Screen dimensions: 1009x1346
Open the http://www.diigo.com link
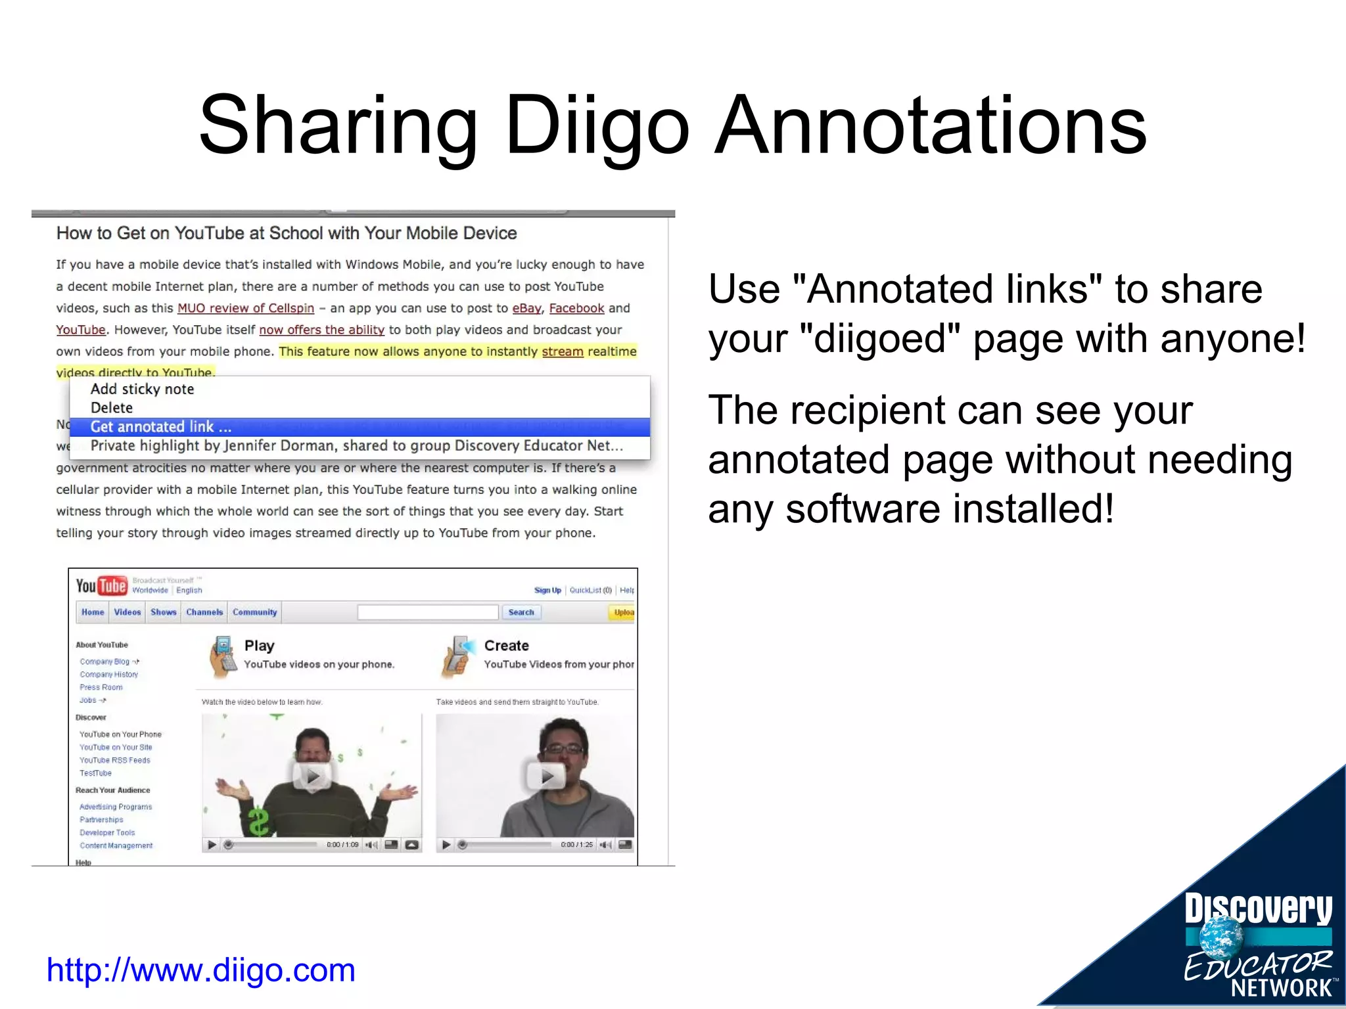[200, 970]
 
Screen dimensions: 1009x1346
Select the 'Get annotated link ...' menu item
[161, 427]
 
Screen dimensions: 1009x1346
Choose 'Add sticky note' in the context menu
[142, 389]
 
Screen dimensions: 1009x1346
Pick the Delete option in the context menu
[112, 408]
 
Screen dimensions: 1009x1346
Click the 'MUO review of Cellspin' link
[246, 308]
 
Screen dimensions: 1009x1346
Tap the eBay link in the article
[526, 308]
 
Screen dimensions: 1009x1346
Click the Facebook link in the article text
[576, 308]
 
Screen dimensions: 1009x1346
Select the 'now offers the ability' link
[321, 330]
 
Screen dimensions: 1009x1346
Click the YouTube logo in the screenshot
[101, 585]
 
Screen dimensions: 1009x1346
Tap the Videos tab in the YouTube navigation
[128, 612]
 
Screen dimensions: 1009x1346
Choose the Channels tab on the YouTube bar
[204, 612]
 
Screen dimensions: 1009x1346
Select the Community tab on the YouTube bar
[254, 612]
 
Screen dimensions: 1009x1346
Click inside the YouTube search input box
[428, 612]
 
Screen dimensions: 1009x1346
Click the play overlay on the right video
[546, 776]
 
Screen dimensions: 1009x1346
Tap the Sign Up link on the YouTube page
[547, 590]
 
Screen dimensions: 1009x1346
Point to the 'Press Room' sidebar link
[101, 687]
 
